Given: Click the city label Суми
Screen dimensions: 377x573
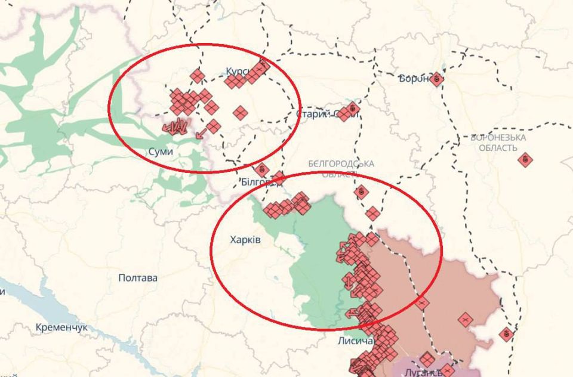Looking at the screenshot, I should pyautogui.click(x=161, y=152).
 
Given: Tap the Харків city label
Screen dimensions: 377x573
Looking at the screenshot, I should pyautogui.click(x=245, y=240).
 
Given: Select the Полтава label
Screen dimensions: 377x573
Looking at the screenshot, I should pyautogui.click(x=138, y=278).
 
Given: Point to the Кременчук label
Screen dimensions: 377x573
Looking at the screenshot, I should pyautogui.click(x=61, y=327).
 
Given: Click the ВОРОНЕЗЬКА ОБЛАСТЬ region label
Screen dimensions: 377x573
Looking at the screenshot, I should pyautogui.click(x=498, y=142).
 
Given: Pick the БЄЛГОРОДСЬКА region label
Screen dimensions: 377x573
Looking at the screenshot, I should pyautogui.click(x=341, y=163).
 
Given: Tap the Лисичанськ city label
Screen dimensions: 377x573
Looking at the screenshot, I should pyautogui.click(x=356, y=341).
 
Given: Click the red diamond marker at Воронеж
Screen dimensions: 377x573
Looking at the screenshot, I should pyautogui.click(x=436, y=78).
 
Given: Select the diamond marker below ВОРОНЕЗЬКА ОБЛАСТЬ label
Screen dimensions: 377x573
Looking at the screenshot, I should pyautogui.click(x=525, y=159).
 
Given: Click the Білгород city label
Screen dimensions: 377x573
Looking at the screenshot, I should pyautogui.click(x=258, y=181).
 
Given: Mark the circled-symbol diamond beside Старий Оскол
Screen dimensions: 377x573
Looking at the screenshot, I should pyautogui.click(x=352, y=109).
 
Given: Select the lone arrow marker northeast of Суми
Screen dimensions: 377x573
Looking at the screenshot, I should pyautogui.click(x=201, y=132).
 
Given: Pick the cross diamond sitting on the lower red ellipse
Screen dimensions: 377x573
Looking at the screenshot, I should pyautogui.click(x=423, y=303).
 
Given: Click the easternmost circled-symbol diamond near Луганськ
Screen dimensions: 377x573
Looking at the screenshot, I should pyautogui.click(x=506, y=334).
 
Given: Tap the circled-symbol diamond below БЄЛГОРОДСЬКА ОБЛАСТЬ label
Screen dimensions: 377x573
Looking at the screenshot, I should pyautogui.click(x=361, y=192).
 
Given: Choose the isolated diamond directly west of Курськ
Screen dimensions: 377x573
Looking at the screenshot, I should pyautogui.click(x=198, y=76).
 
